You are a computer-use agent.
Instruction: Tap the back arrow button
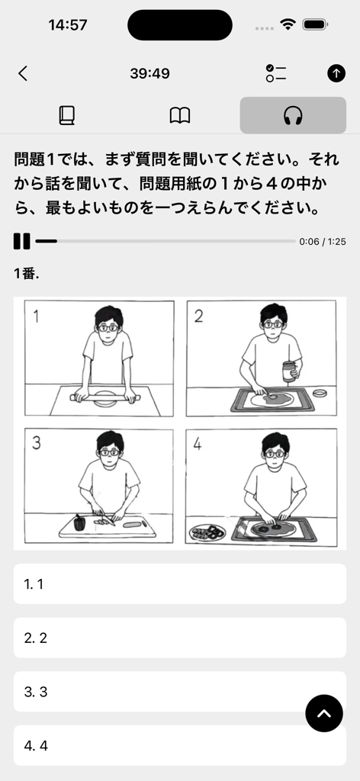(x=23, y=73)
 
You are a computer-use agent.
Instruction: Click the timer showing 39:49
(x=149, y=73)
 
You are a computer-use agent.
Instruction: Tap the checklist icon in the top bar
(x=275, y=73)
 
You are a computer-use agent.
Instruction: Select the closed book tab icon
(x=67, y=115)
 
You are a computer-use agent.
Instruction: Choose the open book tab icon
(x=180, y=115)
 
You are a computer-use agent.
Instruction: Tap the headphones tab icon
(x=293, y=115)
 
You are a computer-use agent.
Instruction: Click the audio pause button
(x=21, y=241)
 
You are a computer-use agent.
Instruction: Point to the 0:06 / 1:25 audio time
(x=323, y=241)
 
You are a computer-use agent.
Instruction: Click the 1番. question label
(x=26, y=274)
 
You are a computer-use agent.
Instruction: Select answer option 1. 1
(x=180, y=584)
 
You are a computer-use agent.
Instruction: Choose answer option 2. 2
(x=180, y=638)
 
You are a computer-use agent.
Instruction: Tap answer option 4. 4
(x=153, y=745)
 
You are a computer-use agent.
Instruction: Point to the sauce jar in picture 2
(x=288, y=371)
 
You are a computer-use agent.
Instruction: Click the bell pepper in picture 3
(x=79, y=522)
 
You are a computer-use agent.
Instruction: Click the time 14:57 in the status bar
(x=68, y=24)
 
